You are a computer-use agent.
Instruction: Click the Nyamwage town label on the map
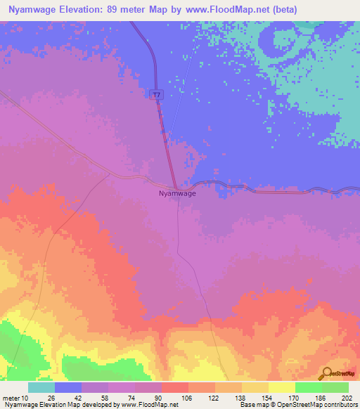[177, 193]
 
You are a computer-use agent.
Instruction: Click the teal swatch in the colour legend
[41, 387]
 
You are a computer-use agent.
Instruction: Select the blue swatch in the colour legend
[68, 387]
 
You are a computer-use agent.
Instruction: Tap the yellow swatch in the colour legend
[281, 387]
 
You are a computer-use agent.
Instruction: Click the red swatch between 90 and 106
[174, 387]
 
